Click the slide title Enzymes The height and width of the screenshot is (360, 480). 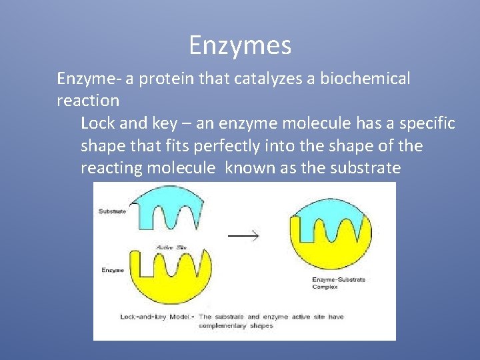[x=240, y=46]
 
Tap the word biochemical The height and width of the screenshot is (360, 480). [x=365, y=79]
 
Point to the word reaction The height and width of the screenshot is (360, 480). [x=88, y=101]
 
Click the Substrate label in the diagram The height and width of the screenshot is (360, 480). [x=111, y=212]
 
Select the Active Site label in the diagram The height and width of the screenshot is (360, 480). [x=171, y=247]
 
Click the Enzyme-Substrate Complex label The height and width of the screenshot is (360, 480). [x=338, y=283]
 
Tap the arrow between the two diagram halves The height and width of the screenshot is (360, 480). [x=243, y=235]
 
